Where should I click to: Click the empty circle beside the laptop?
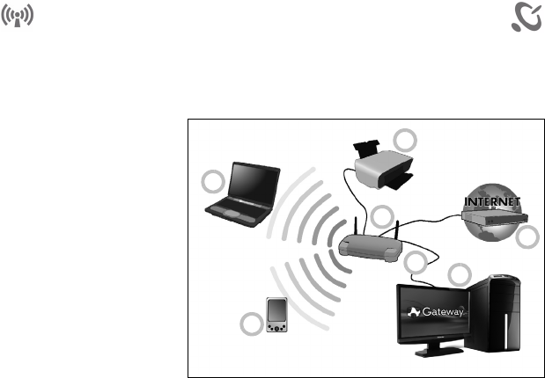coord(212,183)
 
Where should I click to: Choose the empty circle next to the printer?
coord(406,140)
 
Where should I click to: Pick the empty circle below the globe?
coord(527,237)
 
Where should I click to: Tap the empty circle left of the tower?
coord(460,274)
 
